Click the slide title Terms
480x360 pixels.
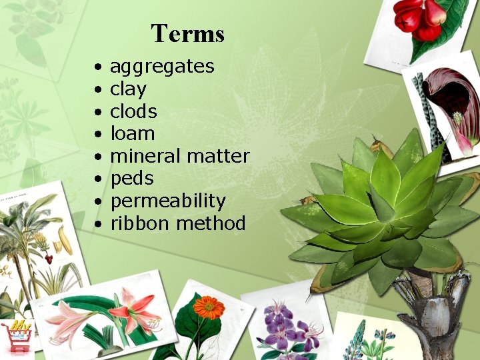point(187,33)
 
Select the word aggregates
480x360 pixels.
point(162,67)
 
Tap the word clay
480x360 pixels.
point(128,89)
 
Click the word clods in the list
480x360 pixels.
point(133,111)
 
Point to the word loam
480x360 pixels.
point(132,134)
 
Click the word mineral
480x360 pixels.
point(145,157)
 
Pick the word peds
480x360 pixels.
point(132,179)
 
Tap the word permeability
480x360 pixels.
point(168,201)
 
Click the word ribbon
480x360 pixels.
point(141,223)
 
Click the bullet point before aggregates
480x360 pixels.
point(97,67)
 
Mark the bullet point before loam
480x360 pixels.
point(97,135)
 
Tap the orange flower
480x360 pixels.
point(209,307)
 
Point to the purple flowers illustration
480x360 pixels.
point(287,327)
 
